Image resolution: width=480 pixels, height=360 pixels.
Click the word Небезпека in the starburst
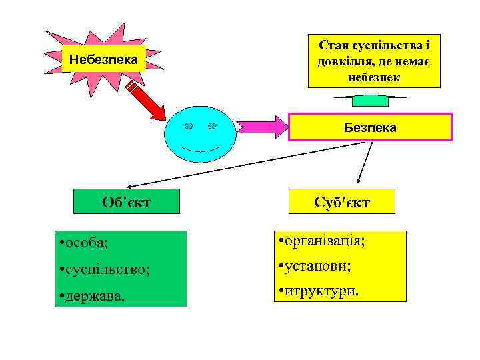pos(103,60)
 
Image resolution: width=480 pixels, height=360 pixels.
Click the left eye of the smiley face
pos(189,126)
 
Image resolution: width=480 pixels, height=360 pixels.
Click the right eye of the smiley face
pos(212,126)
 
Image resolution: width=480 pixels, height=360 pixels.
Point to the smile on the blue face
pos(200,148)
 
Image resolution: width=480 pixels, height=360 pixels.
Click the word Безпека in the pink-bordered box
pos(370,127)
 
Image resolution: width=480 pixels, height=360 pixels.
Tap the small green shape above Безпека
pos(370,101)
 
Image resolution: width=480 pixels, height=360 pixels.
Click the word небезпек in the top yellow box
pos(374,77)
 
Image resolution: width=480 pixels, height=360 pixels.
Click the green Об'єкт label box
pos(129,201)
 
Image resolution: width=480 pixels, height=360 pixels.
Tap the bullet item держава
pos(93,295)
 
